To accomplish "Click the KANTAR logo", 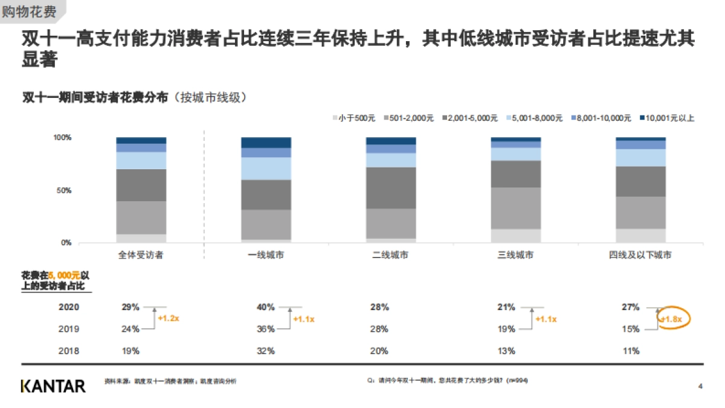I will coord(53,386).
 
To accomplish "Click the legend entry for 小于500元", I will coord(354,118).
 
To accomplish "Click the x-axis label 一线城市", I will coord(266,256).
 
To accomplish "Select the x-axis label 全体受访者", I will coord(141,256).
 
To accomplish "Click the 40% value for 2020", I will coord(266,307).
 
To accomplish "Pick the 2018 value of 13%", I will coord(506,351).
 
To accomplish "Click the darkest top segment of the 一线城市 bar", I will coord(266,143).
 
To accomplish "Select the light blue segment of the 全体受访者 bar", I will coord(141,160).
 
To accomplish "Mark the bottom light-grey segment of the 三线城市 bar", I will coord(515,236).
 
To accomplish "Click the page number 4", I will coord(700,386).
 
